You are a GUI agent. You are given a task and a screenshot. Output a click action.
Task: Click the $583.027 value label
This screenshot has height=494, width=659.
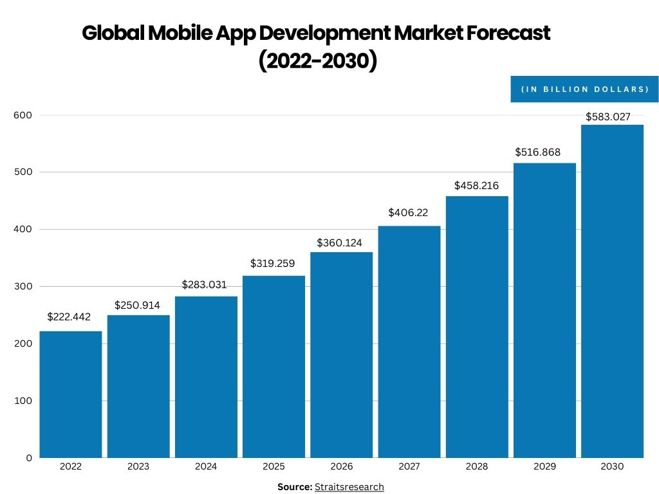(x=608, y=116)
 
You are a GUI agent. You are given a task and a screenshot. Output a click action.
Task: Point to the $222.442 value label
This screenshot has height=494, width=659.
(x=69, y=316)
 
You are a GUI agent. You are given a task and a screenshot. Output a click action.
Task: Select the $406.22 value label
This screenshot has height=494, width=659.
(x=408, y=212)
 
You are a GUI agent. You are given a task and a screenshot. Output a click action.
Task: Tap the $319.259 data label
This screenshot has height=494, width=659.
(x=272, y=263)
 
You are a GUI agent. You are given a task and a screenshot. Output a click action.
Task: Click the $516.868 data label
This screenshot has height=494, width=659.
(x=537, y=152)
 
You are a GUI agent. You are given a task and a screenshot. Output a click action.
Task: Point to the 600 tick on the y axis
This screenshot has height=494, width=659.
(x=23, y=115)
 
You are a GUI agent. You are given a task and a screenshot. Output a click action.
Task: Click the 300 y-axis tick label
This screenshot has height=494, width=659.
(x=23, y=286)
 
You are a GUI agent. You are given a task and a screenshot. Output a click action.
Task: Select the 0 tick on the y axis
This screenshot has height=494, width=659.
(x=29, y=458)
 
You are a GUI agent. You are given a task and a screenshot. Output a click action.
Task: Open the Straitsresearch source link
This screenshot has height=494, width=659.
(x=349, y=487)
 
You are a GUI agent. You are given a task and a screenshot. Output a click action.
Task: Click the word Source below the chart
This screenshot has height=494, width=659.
(x=294, y=487)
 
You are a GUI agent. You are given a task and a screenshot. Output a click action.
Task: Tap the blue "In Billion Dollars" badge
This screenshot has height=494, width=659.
(x=584, y=89)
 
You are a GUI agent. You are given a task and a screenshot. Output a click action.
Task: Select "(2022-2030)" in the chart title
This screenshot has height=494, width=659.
(x=317, y=61)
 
